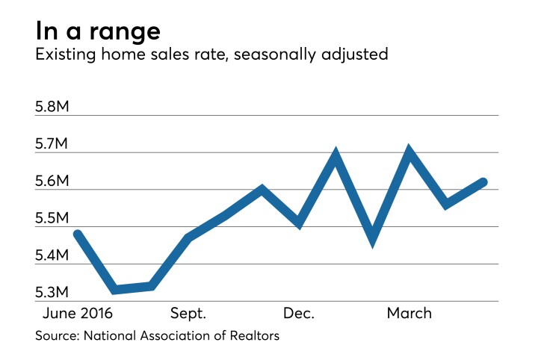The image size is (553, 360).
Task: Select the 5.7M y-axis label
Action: [52, 144]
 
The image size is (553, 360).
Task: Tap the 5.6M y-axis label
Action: [52, 181]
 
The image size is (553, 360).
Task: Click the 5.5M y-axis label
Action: [52, 218]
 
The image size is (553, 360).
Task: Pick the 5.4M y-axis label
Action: [52, 255]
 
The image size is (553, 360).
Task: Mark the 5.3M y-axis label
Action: [52, 292]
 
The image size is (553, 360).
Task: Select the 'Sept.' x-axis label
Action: [188, 313]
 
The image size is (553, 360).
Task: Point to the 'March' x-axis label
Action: [409, 313]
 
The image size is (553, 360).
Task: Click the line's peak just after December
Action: [336, 155]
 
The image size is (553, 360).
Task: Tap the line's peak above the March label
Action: [409, 153]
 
